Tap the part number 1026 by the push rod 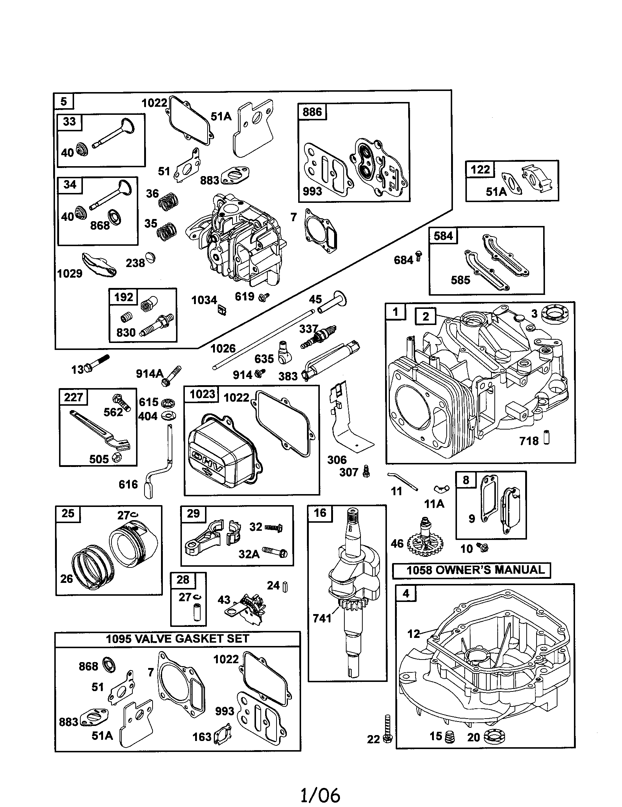pyautogui.click(x=223, y=348)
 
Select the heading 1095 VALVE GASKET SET pyautogui.click(x=177, y=639)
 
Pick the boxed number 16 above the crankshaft pyautogui.click(x=320, y=513)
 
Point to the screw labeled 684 pyautogui.click(x=418, y=256)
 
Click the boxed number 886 pyautogui.click(x=312, y=112)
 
